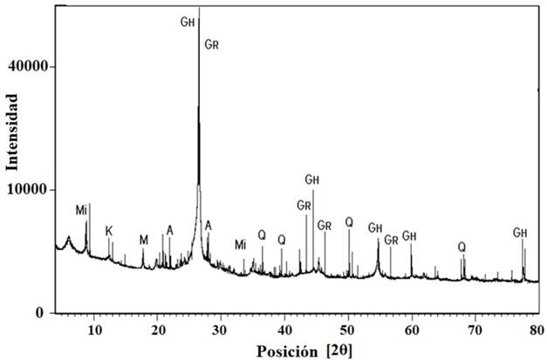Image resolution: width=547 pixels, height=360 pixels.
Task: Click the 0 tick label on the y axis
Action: point(42,313)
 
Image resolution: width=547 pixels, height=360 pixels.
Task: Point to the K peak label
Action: point(109,231)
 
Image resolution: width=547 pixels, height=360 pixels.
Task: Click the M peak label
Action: point(143,239)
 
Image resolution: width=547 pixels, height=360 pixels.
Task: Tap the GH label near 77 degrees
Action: point(521,232)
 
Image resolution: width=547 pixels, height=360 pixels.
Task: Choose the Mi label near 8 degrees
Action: point(81,210)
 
